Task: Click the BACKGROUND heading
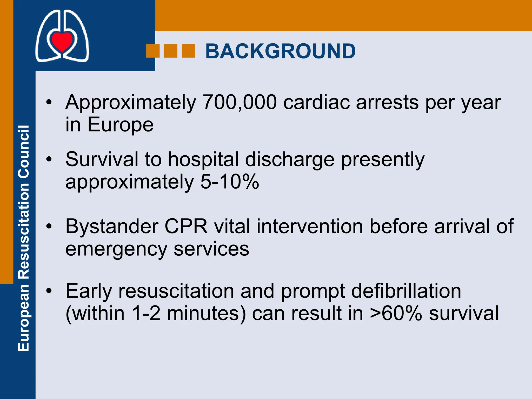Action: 280,51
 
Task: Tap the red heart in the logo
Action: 62,41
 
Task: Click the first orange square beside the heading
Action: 153,51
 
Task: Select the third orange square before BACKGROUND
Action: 188,51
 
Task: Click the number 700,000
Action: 240,102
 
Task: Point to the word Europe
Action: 120,125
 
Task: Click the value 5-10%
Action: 230,182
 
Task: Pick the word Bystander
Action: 112,227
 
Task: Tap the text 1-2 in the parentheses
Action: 146,314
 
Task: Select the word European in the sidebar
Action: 24,317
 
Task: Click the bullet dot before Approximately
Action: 49,102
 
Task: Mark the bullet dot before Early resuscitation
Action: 49,291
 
